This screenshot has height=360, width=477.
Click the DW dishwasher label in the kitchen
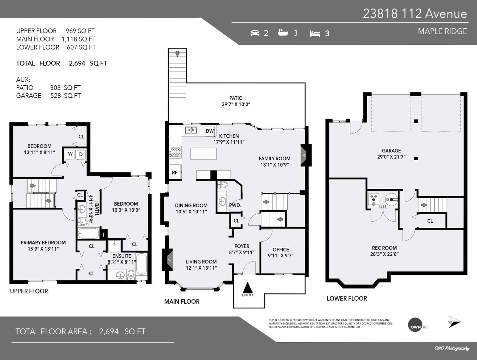[210, 131]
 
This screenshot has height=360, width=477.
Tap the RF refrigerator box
[175, 172]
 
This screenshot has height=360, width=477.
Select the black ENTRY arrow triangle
[247, 288]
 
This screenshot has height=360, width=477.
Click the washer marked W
[70, 154]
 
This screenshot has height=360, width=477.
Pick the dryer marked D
[80, 154]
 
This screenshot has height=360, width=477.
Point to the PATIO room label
[236, 98]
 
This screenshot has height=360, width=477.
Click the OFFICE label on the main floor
[281, 250]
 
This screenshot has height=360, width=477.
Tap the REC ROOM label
[384, 248]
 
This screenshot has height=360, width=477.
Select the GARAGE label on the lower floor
[391, 151]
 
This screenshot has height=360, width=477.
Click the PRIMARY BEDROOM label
[43, 243]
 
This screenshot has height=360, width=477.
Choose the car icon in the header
[255, 33]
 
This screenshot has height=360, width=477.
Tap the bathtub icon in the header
[283, 32]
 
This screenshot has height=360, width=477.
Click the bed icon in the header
[315, 34]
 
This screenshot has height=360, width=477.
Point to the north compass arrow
[454, 322]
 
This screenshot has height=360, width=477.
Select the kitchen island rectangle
[203, 153]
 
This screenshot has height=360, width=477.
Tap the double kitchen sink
[191, 130]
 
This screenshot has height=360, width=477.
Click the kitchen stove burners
[175, 152]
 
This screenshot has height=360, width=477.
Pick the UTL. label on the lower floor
[384, 207]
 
